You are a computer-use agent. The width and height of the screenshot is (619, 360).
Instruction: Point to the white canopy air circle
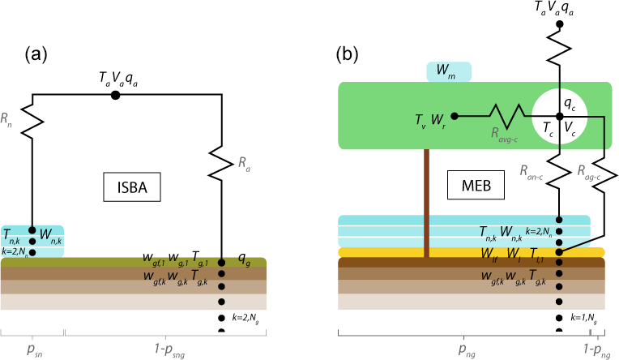(x=559, y=118)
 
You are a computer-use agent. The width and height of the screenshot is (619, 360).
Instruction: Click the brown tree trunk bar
(x=425, y=202)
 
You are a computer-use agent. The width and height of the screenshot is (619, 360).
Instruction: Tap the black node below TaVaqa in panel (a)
(x=116, y=95)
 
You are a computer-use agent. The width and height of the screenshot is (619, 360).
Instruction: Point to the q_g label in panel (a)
(x=243, y=260)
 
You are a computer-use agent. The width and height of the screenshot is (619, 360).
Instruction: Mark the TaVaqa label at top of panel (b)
(x=559, y=8)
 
